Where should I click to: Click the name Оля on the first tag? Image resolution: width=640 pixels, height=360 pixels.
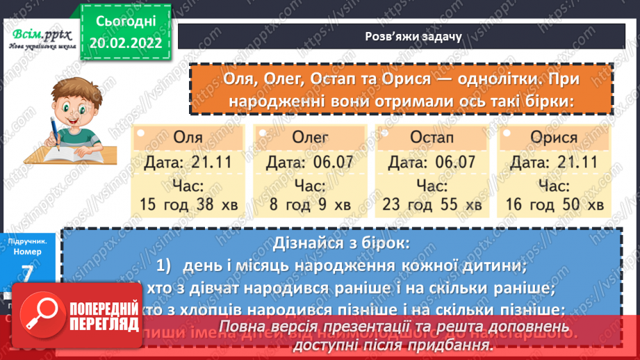(188, 137)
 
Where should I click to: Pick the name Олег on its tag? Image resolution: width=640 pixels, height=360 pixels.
(310, 137)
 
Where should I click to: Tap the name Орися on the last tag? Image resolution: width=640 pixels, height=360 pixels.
(554, 137)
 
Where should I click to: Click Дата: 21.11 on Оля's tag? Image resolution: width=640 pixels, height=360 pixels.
(188, 163)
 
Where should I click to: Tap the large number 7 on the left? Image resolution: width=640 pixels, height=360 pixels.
(29, 274)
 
